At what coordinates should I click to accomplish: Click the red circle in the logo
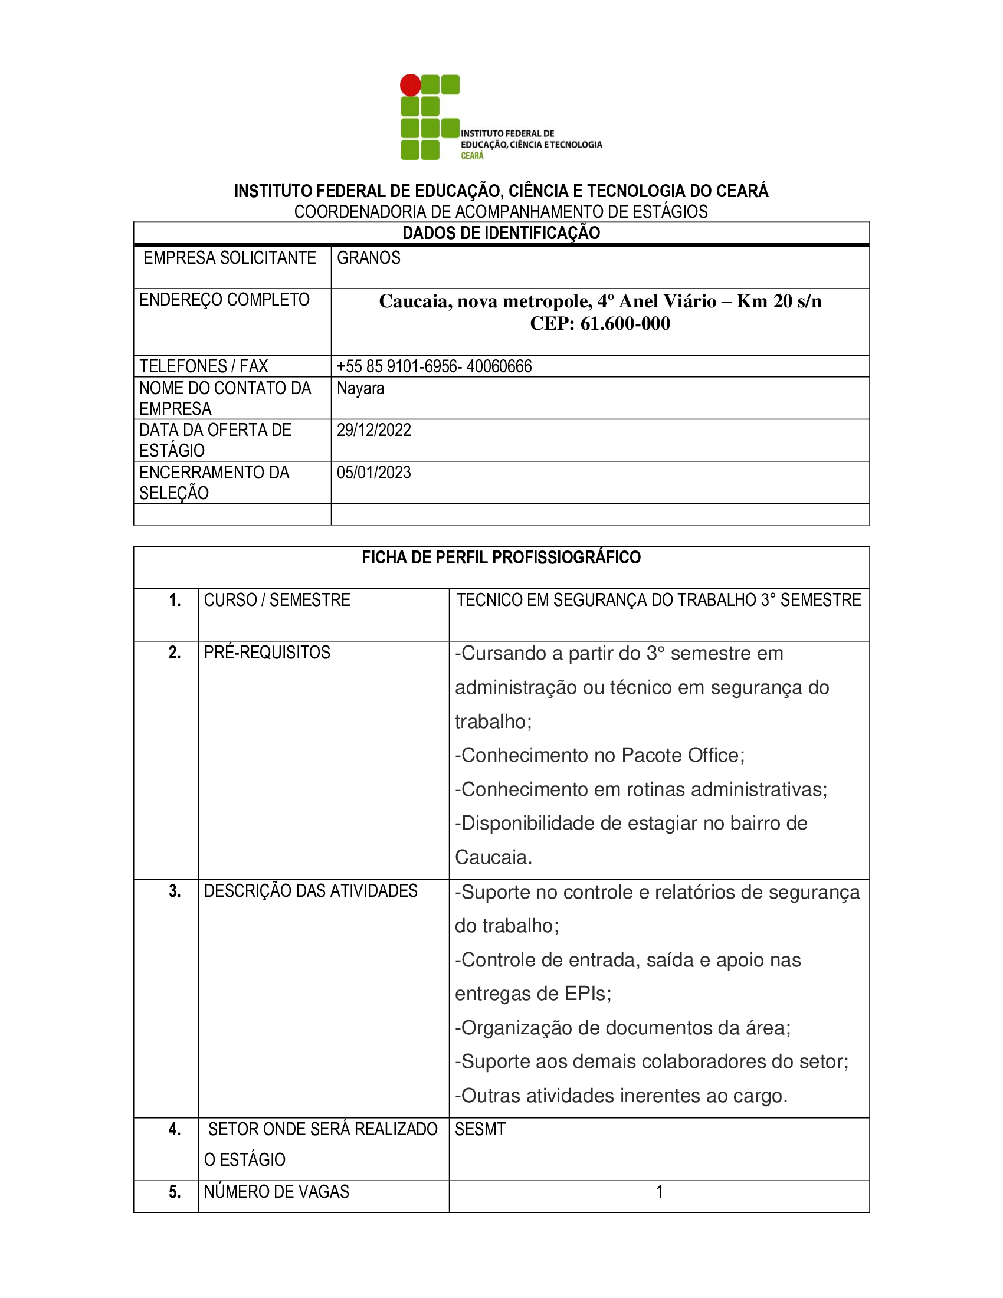tap(410, 85)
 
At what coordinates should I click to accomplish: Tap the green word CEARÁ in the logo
tap(473, 156)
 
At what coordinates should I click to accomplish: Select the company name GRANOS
tap(368, 258)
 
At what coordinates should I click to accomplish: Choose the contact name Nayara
tap(360, 388)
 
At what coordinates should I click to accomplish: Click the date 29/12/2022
tap(373, 430)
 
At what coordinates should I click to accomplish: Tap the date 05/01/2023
tap(373, 473)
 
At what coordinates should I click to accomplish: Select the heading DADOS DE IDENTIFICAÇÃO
tap(501, 233)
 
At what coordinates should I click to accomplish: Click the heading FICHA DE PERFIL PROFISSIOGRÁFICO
tap(501, 558)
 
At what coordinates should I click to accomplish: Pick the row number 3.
tap(175, 891)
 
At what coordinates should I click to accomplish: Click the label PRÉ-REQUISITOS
tap(267, 653)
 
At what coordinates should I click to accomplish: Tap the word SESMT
tap(480, 1129)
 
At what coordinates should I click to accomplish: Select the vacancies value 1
tap(659, 1192)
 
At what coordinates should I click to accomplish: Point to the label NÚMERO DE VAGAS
tap(276, 1192)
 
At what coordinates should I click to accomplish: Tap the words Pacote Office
tap(680, 755)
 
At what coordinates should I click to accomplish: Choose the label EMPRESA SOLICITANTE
tap(230, 258)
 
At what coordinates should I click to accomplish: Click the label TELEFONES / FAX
tap(203, 366)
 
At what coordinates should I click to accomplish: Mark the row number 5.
tap(175, 1192)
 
